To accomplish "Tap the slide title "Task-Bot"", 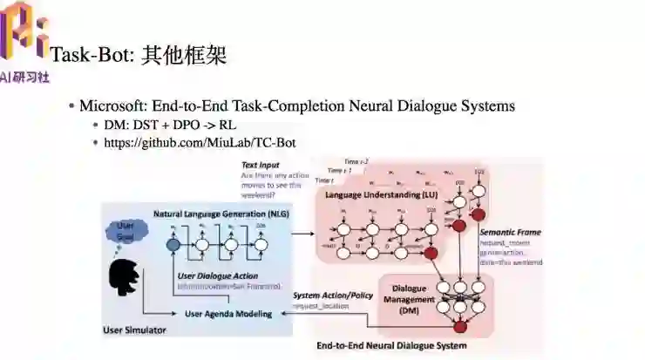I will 91,56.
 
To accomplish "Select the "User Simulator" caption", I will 135,330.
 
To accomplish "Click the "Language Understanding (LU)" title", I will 380,194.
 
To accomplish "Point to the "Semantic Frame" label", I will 510,233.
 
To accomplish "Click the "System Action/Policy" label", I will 333,295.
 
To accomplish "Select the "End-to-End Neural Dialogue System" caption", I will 391,346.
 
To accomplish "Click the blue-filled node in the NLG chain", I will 173,246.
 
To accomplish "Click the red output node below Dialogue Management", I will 459,327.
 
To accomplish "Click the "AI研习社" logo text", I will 25,77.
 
